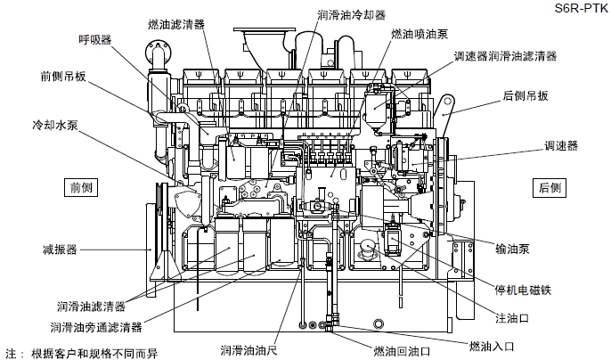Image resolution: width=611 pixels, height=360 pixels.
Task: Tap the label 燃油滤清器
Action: point(176,20)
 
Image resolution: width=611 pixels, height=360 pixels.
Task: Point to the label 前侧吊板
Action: point(63,76)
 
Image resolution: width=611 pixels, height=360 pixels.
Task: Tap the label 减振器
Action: point(60,248)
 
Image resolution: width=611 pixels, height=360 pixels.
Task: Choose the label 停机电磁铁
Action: point(527,290)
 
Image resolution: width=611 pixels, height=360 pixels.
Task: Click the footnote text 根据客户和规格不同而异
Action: point(94,352)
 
